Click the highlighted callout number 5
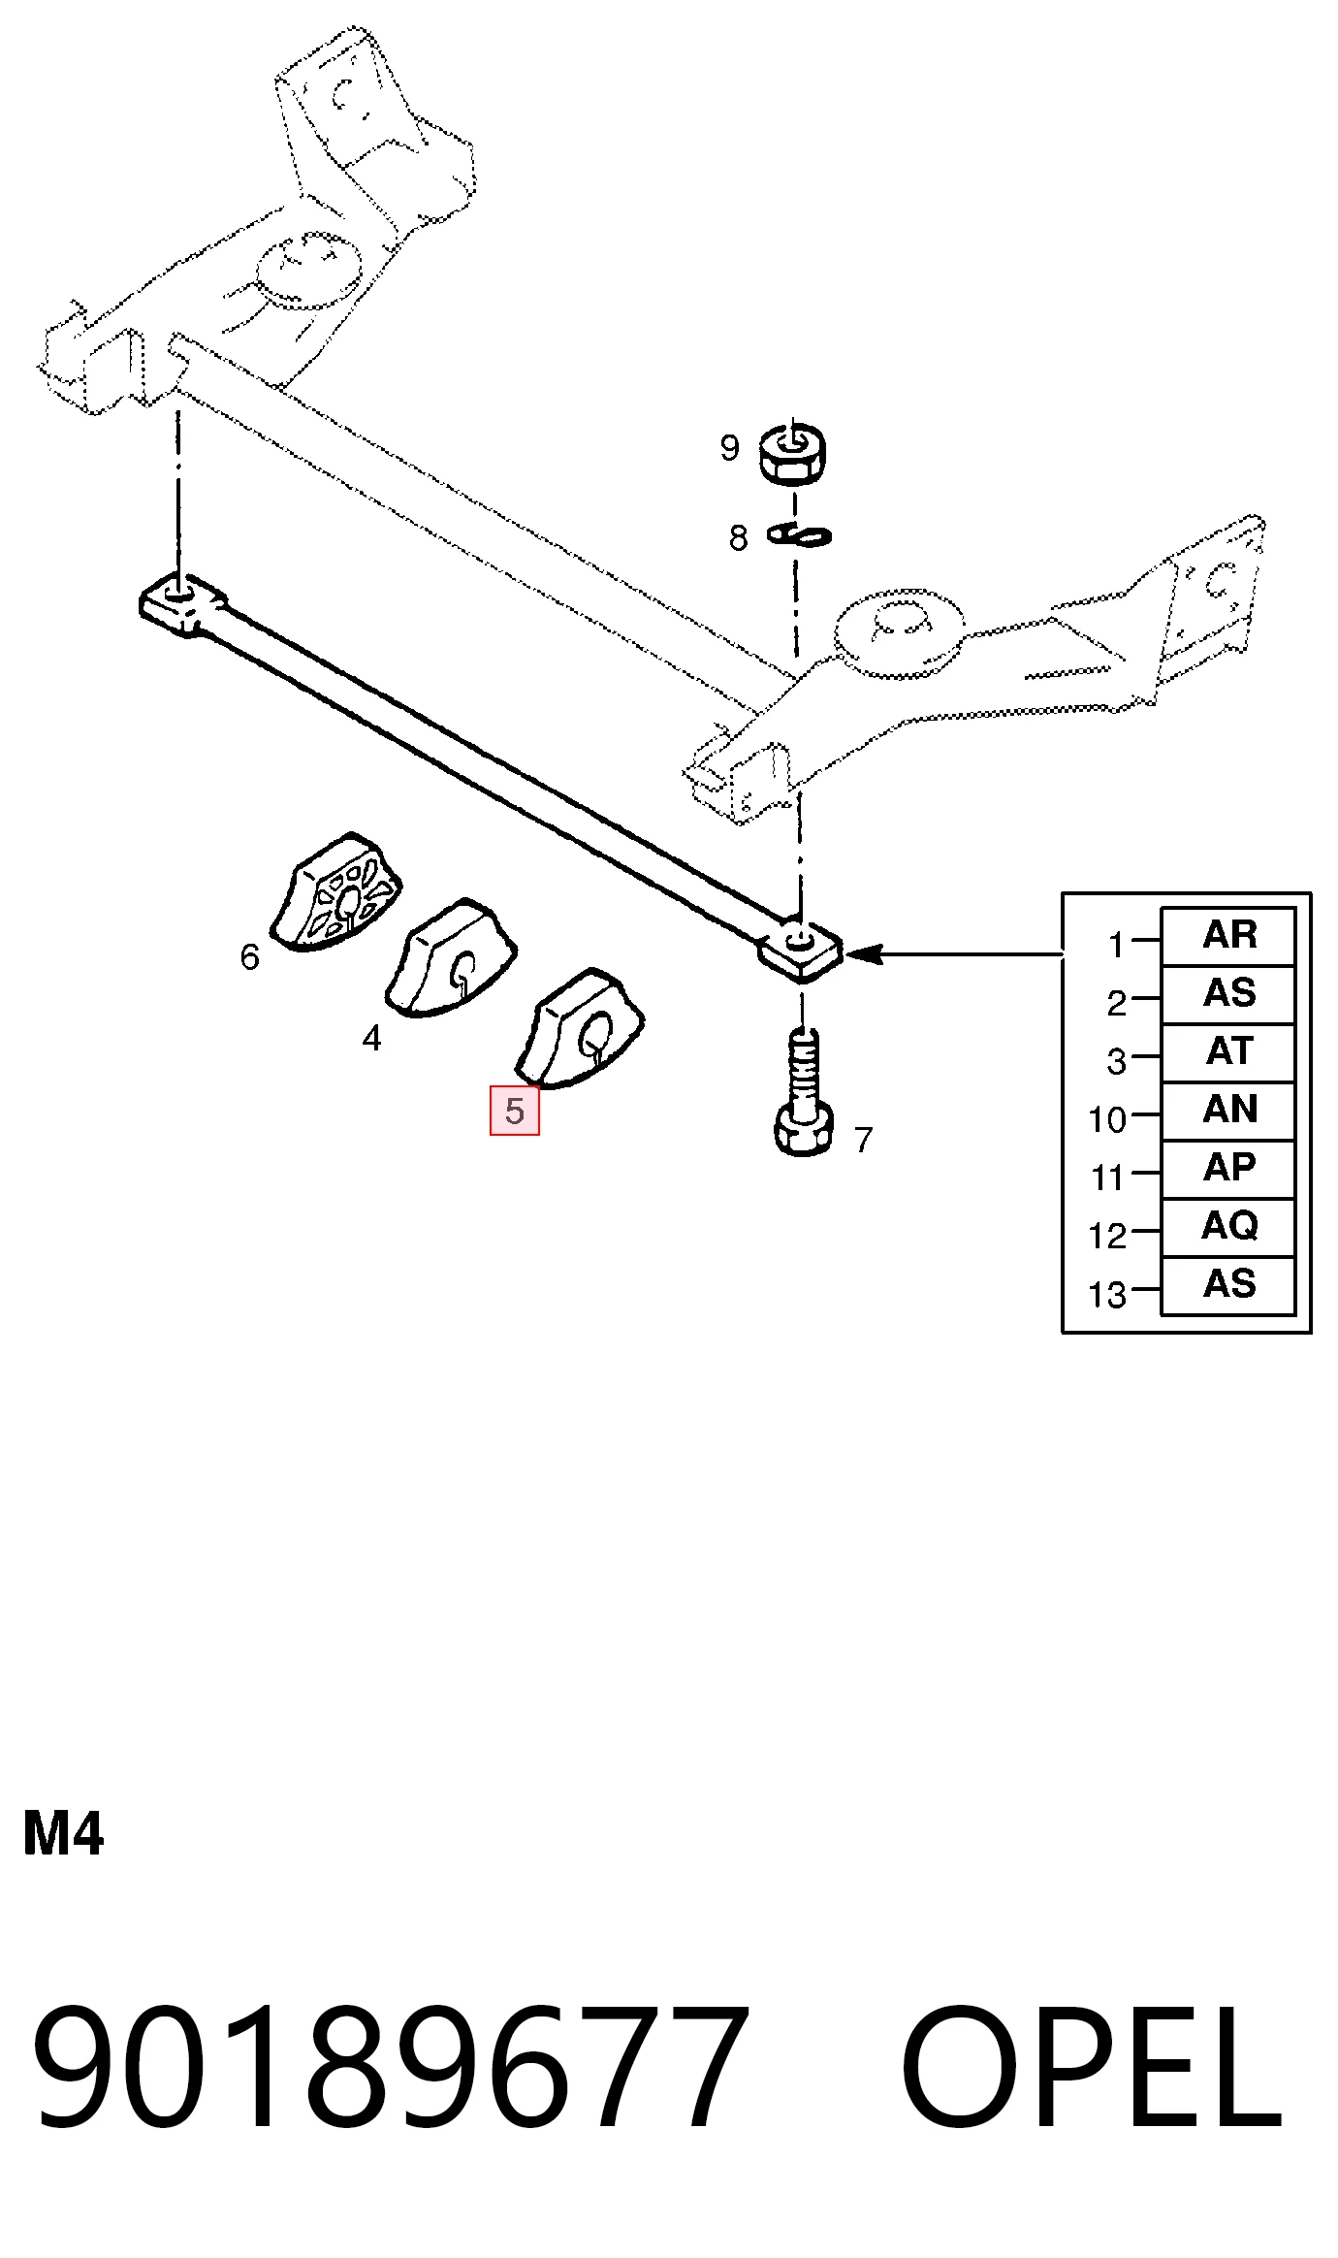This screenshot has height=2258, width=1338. (514, 1111)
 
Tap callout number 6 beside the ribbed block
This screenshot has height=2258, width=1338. (250, 957)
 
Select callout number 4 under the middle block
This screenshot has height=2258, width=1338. (371, 1039)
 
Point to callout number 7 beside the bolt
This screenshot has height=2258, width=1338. (864, 1140)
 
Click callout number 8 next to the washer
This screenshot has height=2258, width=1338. (739, 538)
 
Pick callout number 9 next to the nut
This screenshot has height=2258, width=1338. (730, 448)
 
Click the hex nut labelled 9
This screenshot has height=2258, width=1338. (793, 452)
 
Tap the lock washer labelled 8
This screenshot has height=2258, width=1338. (799, 535)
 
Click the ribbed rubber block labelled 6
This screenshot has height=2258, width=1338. (336, 892)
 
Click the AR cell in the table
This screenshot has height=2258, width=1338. (1228, 936)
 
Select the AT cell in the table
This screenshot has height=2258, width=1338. (1228, 1052)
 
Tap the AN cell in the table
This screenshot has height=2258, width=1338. (1228, 1111)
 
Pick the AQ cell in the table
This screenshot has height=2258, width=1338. (1228, 1227)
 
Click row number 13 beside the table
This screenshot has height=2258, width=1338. (1107, 1295)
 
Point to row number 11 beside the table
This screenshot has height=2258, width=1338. (1107, 1178)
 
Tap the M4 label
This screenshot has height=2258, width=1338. (63, 1834)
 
